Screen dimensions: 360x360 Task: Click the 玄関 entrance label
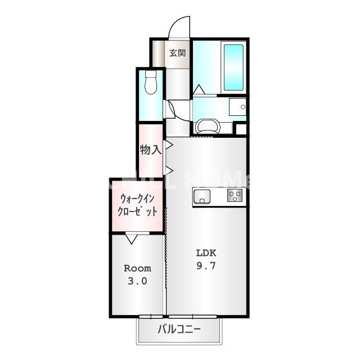(178, 53)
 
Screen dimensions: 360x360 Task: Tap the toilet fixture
(150, 83)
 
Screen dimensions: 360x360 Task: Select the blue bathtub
(233, 67)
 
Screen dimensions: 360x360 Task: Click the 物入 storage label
(150, 150)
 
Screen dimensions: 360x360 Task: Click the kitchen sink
(202, 196)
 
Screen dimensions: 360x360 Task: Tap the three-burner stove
(234, 196)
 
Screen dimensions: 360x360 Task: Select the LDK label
(206, 252)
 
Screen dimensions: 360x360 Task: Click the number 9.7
(206, 264)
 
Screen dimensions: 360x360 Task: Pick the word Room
(137, 268)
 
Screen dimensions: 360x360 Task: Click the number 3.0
(137, 281)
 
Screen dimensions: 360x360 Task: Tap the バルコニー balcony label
(179, 330)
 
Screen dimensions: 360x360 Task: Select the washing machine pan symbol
(208, 125)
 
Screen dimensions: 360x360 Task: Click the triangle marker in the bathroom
(199, 89)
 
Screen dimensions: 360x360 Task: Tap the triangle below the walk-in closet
(131, 239)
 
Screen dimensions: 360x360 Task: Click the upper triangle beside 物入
(168, 145)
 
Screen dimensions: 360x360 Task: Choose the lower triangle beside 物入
(168, 170)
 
